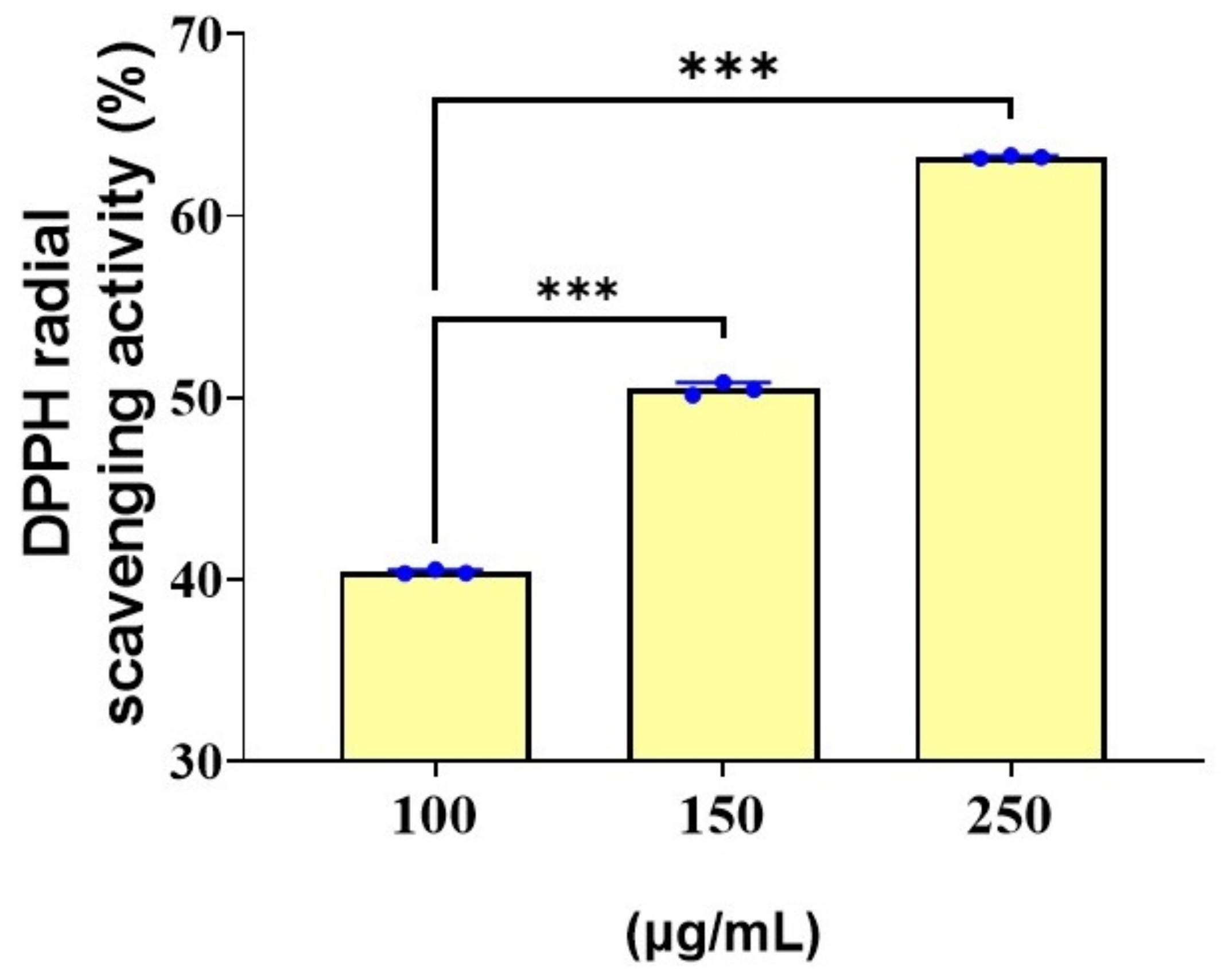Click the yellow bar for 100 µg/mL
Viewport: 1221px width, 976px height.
point(435,666)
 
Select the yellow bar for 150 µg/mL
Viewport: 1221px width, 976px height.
point(723,574)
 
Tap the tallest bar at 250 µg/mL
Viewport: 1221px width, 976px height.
point(1011,459)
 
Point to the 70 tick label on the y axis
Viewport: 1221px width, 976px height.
point(199,33)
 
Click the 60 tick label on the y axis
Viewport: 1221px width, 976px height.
point(199,216)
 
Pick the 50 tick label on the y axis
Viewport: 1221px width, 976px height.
point(199,398)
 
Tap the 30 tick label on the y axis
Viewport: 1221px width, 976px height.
point(199,762)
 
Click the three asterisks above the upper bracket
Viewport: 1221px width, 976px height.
point(729,68)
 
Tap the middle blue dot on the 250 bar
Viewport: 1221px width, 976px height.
point(1011,155)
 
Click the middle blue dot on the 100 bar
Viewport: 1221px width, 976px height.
point(435,569)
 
